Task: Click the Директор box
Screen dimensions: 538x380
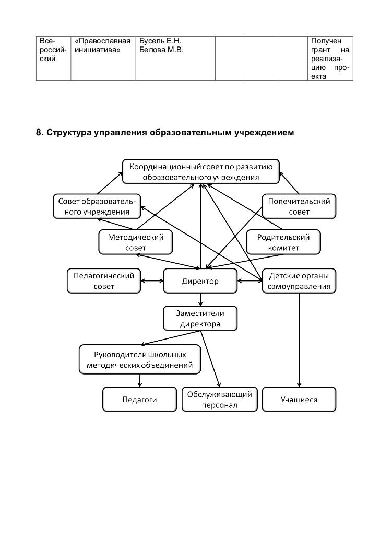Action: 200,282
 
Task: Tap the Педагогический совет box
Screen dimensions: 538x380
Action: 104,281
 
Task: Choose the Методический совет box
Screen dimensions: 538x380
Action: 135,242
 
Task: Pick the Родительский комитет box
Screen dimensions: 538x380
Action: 283,242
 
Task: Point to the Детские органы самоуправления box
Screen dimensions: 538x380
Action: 299,281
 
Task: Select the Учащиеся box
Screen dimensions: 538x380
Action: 299,400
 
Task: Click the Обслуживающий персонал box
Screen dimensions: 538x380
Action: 220,400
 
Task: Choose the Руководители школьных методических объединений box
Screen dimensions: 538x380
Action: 140,359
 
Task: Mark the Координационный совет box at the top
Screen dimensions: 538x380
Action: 201,171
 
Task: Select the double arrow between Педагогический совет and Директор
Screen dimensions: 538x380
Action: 152,282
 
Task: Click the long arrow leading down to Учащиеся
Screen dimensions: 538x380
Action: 299,340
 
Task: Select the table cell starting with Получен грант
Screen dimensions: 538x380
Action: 329,59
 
